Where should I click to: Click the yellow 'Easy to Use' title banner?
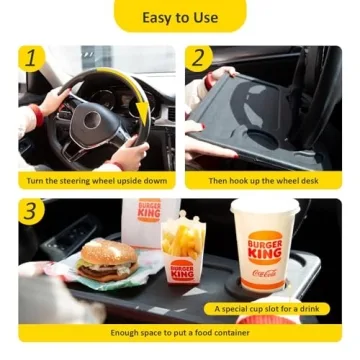click(x=180, y=17)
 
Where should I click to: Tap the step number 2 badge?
click(x=199, y=59)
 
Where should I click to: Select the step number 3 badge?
click(x=31, y=212)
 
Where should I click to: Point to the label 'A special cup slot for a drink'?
click(x=256, y=308)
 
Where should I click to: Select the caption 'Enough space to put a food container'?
click(x=180, y=332)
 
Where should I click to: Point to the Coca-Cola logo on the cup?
click(x=265, y=273)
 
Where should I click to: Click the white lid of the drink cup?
click(x=265, y=207)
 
